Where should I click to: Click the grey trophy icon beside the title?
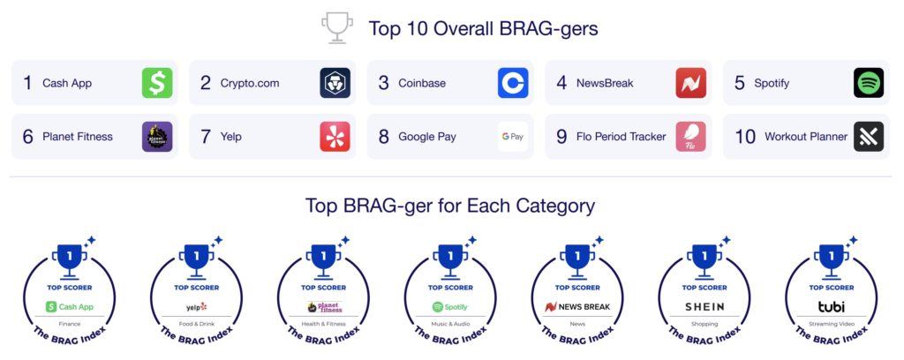coord(336,27)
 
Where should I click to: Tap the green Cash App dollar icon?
coord(157,83)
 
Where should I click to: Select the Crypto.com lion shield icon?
coord(335,83)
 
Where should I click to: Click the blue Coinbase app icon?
coord(513,83)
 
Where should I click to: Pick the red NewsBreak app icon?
coord(690,83)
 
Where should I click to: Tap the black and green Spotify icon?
coord(869,83)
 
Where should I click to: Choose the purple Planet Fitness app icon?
coord(157,137)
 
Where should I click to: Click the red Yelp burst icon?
coord(335,137)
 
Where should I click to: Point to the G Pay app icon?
coord(513,137)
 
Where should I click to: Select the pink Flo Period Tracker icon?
coord(690,137)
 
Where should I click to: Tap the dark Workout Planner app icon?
coord(869,137)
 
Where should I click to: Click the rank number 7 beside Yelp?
coord(206,137)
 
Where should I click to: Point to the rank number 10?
coord(745,137)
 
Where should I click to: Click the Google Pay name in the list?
coord(427,137)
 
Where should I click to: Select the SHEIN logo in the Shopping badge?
coord(704,307)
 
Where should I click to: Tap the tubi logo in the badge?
coord(832,306)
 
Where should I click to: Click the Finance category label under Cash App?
coord(69,325)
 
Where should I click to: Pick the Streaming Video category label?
coord(832,325)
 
